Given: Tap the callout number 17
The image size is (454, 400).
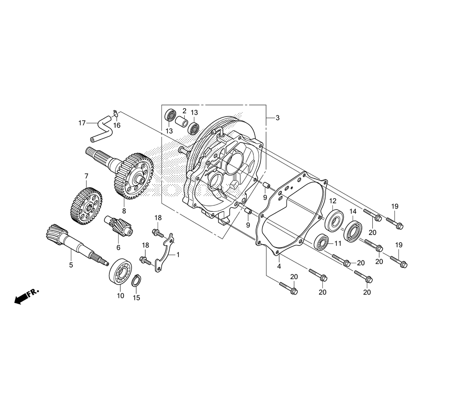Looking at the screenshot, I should coord(82,123).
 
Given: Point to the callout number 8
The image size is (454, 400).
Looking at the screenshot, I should coord(124,210).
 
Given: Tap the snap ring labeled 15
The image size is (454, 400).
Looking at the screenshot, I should coord(136,282).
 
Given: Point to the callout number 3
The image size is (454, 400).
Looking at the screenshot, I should coord(277,118).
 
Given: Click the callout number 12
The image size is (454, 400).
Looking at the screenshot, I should coord(333,200).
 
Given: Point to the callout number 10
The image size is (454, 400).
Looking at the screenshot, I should coord(120,295).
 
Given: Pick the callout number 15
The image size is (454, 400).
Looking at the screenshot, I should coord(137,298).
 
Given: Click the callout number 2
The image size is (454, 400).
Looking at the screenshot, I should coord(185,111).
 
